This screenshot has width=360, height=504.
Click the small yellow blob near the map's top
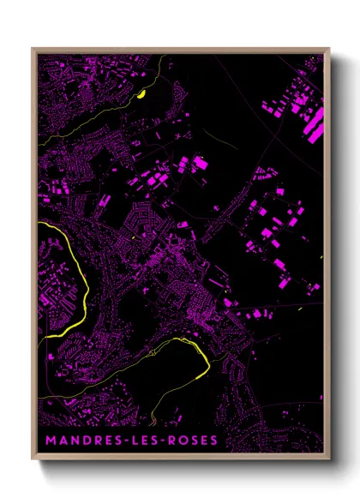point(142,94)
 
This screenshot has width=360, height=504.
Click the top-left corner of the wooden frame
point(33,48)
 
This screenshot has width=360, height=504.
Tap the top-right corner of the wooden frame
point(329,48)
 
